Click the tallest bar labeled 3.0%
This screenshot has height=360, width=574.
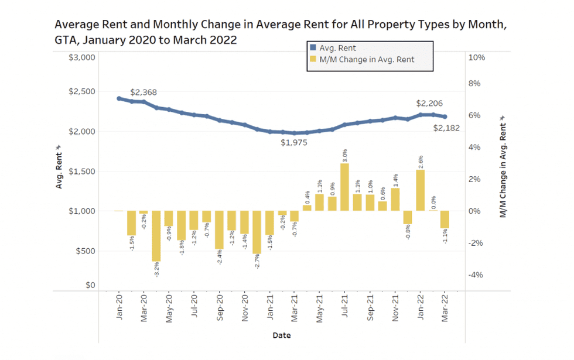[344, 187]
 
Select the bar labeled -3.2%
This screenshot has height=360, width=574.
[156, 236]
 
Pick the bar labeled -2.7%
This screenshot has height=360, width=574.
[257, 232]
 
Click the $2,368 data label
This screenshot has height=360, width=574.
[143, 92]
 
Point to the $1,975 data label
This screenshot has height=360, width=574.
[293, 142]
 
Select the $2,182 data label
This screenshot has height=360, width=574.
[446, 128]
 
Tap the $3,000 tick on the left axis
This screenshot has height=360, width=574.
[82, 57]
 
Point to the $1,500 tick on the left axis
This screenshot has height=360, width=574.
[82, 172]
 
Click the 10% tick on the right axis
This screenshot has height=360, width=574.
[477, 57]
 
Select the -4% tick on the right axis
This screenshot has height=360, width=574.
[476, 275]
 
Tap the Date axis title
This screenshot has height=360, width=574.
[281, 336]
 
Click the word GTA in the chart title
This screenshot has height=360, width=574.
[65, 40]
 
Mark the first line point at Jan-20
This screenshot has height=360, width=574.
[119, 98]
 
